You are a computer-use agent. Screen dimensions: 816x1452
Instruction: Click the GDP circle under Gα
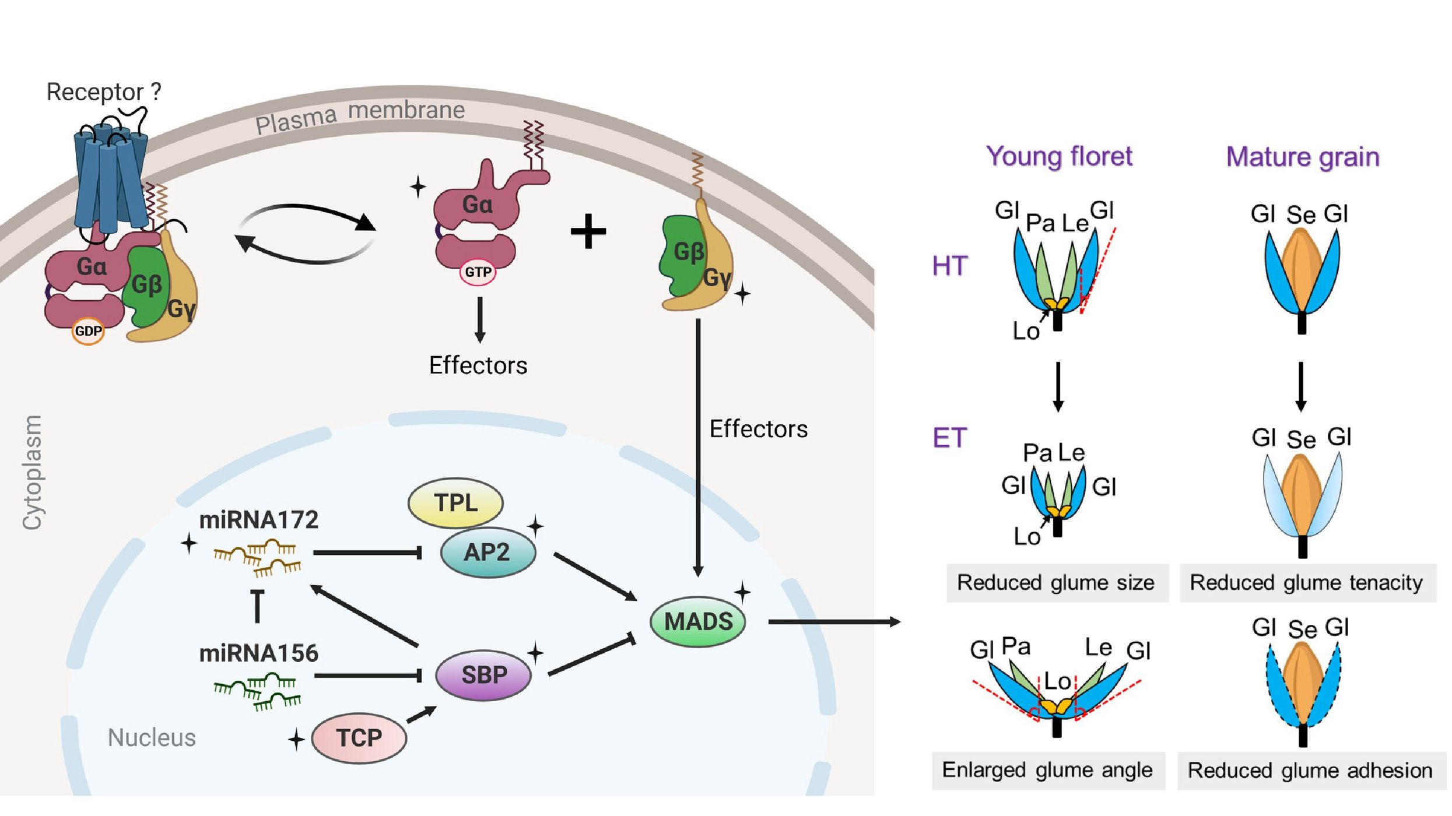coord(88,331)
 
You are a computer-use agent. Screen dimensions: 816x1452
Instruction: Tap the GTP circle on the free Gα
coord(478,272)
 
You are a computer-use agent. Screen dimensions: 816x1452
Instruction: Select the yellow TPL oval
coord(455,502)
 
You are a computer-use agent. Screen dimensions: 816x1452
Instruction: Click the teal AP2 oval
coord(487,552)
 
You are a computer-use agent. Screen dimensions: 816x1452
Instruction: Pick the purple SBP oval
coord(483,675)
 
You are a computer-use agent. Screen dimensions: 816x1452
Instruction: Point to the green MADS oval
coord(697,621)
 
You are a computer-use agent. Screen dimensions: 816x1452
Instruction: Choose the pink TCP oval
coord(359,738)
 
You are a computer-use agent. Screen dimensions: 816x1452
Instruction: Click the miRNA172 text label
coord(258,520)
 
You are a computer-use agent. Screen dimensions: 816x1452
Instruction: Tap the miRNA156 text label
coord(258,653)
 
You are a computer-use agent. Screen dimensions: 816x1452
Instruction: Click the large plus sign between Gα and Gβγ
coord(588,231)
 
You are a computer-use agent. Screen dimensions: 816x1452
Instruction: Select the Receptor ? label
coord(103,92)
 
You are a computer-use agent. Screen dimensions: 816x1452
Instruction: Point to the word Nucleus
coord(152,738)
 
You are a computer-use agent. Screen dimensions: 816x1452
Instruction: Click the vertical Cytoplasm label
coord(31,472)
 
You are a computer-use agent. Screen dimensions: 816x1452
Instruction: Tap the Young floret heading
coord(1059,156)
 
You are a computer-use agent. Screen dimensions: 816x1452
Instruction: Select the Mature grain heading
coord(1303,157)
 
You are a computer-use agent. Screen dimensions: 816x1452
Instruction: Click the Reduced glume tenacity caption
coord(1306,583)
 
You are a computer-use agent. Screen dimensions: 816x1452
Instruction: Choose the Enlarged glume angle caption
coord(1047,770)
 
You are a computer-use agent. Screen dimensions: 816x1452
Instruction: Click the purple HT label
coord(950,266)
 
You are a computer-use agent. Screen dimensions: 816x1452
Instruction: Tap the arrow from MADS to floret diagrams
coord(834,622)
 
